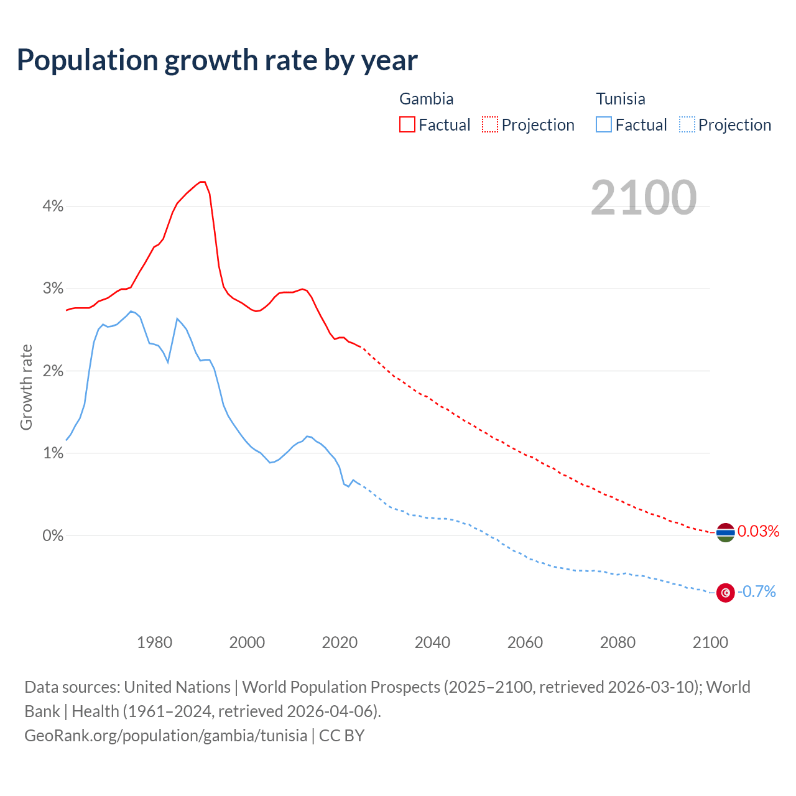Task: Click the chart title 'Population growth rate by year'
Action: [x=217, y=60]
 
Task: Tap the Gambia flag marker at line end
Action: [x=725, y=532]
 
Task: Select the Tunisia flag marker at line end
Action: [x=725, y=593]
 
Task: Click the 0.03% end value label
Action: [x=758, y=532]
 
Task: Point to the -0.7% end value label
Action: [x=757, y=592]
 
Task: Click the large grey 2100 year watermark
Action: [x=644, y=198]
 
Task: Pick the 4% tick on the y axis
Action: [x=53, y=206]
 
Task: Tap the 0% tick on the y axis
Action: [x=53, y=535]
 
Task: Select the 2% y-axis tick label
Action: [x=53, y=371]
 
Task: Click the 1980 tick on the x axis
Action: [x=154, y=642]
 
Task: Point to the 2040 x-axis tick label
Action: [x=432, y=642]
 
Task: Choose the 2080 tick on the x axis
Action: [x=618, y=642]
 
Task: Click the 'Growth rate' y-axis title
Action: [x=26, y=387]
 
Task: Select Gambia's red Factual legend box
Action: [x=407, y=125]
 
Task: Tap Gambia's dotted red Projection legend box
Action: [x=490, y=125]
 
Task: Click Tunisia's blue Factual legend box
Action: [x=604, y=125]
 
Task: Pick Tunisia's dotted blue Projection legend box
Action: [x=687, y=125]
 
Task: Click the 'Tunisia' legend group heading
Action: [x=621, y=99]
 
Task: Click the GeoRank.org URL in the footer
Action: [x=165, y=736]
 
